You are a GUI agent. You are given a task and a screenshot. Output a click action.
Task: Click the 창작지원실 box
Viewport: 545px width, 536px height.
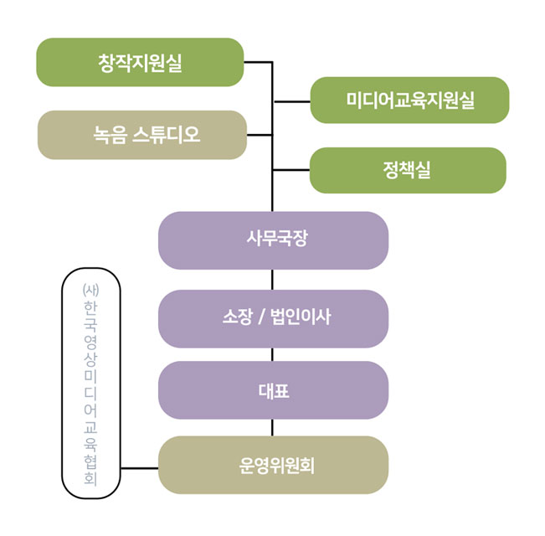(x=140, y=63)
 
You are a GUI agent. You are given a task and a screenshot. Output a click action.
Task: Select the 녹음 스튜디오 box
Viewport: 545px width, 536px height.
(x=142, y=135)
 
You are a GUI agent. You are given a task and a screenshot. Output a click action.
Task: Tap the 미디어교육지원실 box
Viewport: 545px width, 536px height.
(x=409, y=100)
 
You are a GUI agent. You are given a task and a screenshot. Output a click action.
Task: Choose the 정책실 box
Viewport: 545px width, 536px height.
(x=408, y=170)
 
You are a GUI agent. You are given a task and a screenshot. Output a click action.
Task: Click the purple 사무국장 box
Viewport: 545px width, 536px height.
(x=273, y=240)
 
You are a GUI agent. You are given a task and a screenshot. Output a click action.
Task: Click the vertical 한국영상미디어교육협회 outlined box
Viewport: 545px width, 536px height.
(x=91, y=381)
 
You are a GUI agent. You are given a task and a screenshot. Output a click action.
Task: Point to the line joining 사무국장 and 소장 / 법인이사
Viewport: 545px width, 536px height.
(x=273, y=280)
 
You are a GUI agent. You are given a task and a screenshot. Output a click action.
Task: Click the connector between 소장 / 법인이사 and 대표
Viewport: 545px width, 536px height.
(x=273, y=354)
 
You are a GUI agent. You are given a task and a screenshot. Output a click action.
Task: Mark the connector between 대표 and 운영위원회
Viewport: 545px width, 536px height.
(x=273, y=427)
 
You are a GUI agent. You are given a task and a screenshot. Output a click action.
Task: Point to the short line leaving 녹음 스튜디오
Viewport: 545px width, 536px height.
(x=260, y=135)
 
